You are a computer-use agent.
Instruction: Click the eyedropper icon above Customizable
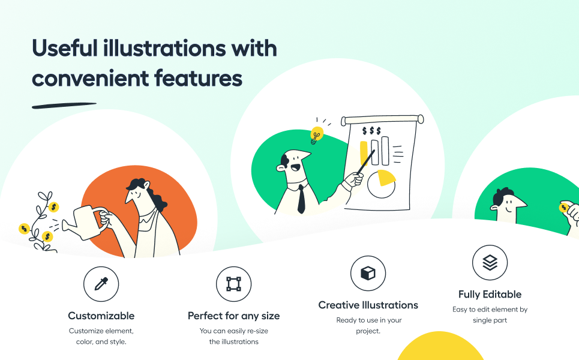(x=101, y=284)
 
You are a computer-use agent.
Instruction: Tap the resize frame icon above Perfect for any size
(x=234, y=284)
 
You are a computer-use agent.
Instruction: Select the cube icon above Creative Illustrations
(x=368, y=273)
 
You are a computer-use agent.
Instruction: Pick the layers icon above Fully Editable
(x=490, y=263)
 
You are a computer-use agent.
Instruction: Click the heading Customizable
(x=101, y=316)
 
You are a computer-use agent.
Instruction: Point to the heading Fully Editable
(x=490, y=294)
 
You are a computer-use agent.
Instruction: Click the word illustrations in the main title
(x=164, y=49)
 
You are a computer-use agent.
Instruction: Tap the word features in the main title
(x=198, y=78)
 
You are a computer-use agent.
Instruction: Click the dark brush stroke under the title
(x=64, y=106)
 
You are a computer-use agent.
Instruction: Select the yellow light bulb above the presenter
(x=316, y=134)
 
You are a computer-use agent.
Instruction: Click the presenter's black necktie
(x=301, y=199)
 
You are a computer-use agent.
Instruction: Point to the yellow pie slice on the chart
(x=386, y=178)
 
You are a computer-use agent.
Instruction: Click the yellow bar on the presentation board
(x=364, y=152)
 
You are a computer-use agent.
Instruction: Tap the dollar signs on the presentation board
(x=371, y=131)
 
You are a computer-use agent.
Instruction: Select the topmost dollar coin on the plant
(x=53, y=207)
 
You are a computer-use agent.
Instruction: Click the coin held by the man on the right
(x=564, y=207)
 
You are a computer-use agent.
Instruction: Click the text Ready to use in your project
(x=368, y=325)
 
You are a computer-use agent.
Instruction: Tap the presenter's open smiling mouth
(x=295, y=167)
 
